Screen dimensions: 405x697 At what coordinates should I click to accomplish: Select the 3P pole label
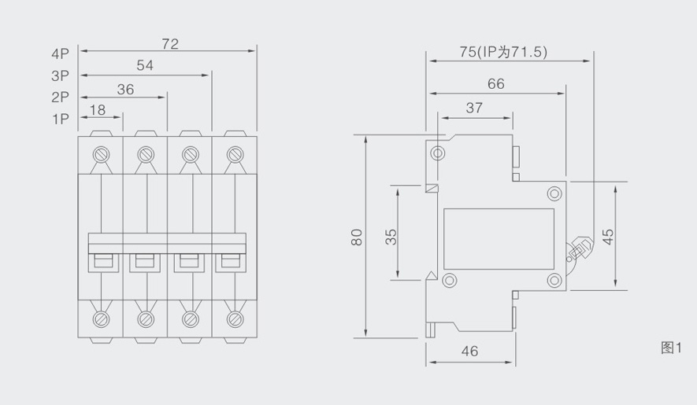[x=61, y=77]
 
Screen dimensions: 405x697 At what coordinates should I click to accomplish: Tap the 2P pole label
[x=61, y=98]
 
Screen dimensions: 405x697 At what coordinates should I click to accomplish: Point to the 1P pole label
[x=61, y=119]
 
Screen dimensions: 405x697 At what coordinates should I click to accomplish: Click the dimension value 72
[x=170, y=44]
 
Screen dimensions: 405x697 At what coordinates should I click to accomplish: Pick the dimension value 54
[x=145, y=66]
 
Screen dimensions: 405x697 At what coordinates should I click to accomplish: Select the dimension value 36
[x=125, y=89]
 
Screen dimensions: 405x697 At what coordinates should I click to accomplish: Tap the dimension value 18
[x=98, y=110]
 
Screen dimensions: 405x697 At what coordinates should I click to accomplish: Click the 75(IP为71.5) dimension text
[x=503, y=52]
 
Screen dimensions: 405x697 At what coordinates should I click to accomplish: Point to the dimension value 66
[x=495, y=84]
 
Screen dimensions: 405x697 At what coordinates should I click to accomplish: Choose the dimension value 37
[x=474, y=109]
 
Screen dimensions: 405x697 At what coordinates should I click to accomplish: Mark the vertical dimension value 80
[x=357, y=237]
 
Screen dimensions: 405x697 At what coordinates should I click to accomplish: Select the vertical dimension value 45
[x=607, y=237]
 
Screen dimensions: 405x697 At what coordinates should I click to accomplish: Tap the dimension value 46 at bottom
[x=469, y=352]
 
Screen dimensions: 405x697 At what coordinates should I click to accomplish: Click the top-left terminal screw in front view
[x=101, y=153]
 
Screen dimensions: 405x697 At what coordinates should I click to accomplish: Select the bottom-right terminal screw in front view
[x=234, y=318]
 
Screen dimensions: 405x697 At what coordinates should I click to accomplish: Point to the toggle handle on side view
[x=578, y=250]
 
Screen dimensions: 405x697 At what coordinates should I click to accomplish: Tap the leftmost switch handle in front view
[x=103, y=260]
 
